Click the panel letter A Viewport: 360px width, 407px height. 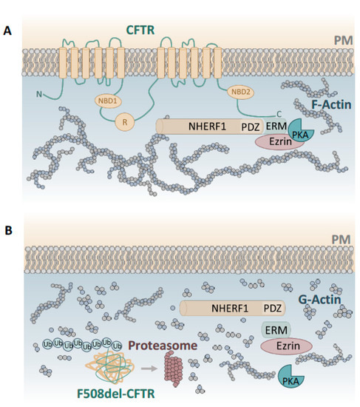click(9, 31)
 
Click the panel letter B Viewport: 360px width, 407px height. click(9, 231)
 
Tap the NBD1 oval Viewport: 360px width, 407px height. click(109, 100)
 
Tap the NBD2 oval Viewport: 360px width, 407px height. click(242, 92)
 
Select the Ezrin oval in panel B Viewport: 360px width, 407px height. click(286, 344)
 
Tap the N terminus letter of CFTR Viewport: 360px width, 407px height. click(38, 94)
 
